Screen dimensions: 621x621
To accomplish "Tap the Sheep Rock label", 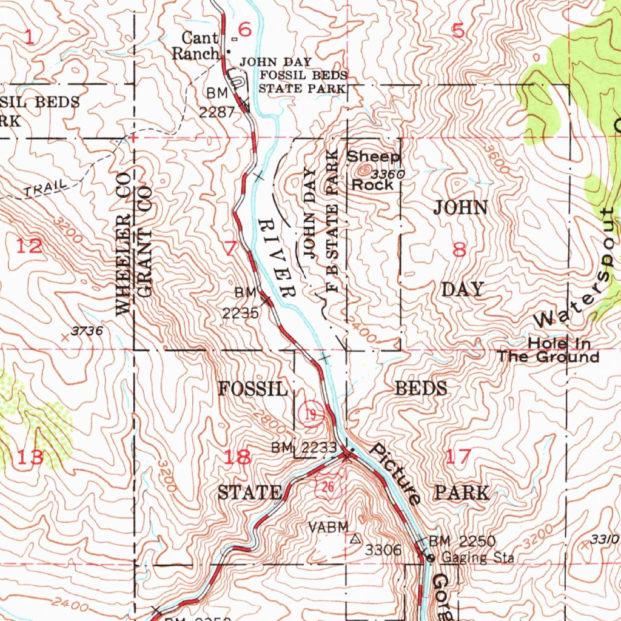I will pos(372,170).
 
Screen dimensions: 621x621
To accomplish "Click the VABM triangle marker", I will pos(355,537).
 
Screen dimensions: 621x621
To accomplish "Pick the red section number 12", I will pos(29,246).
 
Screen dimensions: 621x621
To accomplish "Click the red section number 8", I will pos(460,249).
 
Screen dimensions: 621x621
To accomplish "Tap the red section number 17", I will pos(458,457).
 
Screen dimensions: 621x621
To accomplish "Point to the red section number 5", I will pos(458,30).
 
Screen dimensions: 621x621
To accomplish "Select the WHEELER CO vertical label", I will pos(123,243).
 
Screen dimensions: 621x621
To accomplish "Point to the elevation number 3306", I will pos(383,550).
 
